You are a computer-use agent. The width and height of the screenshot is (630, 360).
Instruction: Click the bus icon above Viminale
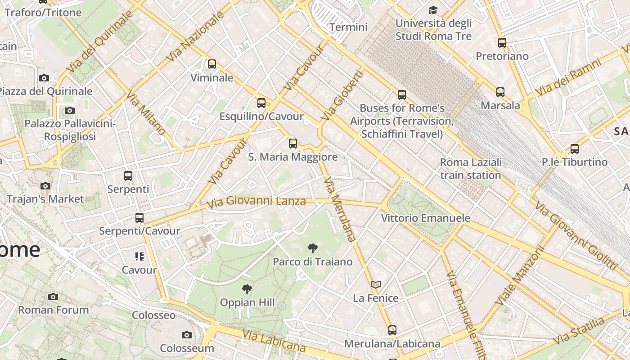(212, 64)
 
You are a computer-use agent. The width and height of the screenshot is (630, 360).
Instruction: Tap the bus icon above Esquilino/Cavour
(261, 103)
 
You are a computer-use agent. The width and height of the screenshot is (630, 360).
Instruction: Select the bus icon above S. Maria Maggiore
(293, 144)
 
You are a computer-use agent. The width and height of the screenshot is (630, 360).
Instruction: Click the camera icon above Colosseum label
(187, 335)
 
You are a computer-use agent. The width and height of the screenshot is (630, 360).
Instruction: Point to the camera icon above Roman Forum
(53, 297)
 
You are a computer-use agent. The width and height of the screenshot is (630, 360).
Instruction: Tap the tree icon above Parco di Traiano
(312, 248)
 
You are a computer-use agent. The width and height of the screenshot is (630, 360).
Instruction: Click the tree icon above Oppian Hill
(247, 289)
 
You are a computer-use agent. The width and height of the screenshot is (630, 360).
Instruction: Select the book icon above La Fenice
(376, 284)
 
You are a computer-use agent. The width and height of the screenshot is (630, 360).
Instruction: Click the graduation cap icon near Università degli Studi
(433, 10)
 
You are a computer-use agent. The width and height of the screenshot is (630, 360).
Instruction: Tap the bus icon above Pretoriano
(502, 43)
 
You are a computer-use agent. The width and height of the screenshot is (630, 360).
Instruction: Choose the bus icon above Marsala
(500, 92)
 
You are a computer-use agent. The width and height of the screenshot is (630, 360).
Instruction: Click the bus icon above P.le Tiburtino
(575, 149)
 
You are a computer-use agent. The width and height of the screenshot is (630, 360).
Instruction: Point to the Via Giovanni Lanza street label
(256, 202)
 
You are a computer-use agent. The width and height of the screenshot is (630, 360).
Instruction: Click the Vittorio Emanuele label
(426, 218)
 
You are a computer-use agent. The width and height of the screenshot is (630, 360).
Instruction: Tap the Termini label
(348, 27)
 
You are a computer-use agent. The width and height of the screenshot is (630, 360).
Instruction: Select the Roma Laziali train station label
(471, 169)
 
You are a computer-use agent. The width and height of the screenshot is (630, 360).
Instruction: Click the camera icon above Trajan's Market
(45, 186)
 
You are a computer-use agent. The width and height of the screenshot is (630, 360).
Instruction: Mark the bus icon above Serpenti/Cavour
(139, 218)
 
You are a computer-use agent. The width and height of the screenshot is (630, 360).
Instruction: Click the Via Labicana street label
(274, 341)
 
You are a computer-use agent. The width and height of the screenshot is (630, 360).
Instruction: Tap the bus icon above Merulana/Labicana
(392, 330)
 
